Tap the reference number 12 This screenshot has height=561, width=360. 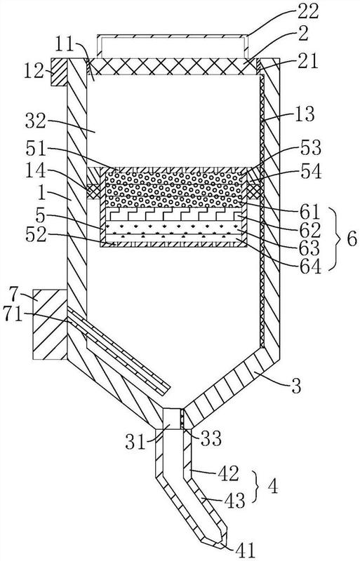(x=34, y=72)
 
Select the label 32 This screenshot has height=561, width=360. (x=36, y=121)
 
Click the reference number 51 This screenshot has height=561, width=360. (x=36, y=149)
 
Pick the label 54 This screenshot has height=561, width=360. (x=311, y=172)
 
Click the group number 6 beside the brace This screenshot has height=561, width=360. (x=350, y=238)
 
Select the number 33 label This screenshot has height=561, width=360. (x=211, y=439)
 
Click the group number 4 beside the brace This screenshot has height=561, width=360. (x=273, y=487)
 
